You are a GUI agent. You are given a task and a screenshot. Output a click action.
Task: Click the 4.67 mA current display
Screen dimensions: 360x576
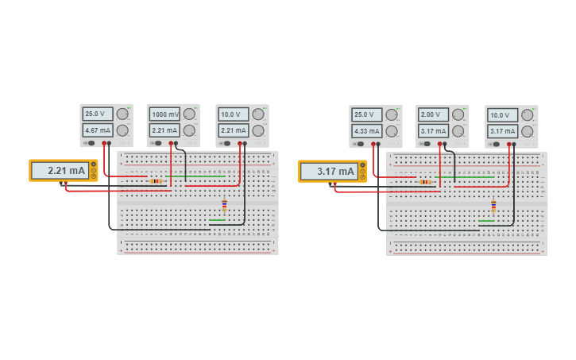[x=98, y=130]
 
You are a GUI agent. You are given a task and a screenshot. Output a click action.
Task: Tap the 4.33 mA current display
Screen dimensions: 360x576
[x=367, y=130]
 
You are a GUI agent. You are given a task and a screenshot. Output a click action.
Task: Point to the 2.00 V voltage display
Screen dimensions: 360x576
[x=434, y=114]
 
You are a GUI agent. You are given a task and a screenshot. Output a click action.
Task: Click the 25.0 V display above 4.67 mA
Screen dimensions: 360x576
[x=98, y=114]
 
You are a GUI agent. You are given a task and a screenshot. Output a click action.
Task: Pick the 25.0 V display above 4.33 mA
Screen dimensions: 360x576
[x=367, y=114]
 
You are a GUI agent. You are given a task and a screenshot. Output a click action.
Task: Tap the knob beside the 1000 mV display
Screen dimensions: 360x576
[x=189, y=114]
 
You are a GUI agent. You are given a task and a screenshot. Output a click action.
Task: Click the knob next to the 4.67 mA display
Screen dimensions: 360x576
[x=122, y=130]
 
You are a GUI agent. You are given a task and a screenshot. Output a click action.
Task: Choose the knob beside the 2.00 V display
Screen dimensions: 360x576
[x=458, y=114]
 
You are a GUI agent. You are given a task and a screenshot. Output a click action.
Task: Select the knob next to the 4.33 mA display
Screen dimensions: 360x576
[x=392, y=131]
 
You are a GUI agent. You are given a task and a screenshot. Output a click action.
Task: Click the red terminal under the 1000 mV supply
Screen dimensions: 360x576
[x=171, y=143]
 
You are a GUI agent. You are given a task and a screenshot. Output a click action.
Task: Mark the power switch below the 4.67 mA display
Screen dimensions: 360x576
[x=90, y=143]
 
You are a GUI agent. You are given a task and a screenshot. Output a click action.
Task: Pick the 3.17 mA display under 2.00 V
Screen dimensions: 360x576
[x=434, y=131]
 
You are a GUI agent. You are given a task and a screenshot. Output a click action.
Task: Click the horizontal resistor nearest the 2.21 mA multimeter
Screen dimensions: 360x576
[x=156, y=181]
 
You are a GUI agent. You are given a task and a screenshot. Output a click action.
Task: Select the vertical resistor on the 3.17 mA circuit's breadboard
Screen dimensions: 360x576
[x=493, y=206]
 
